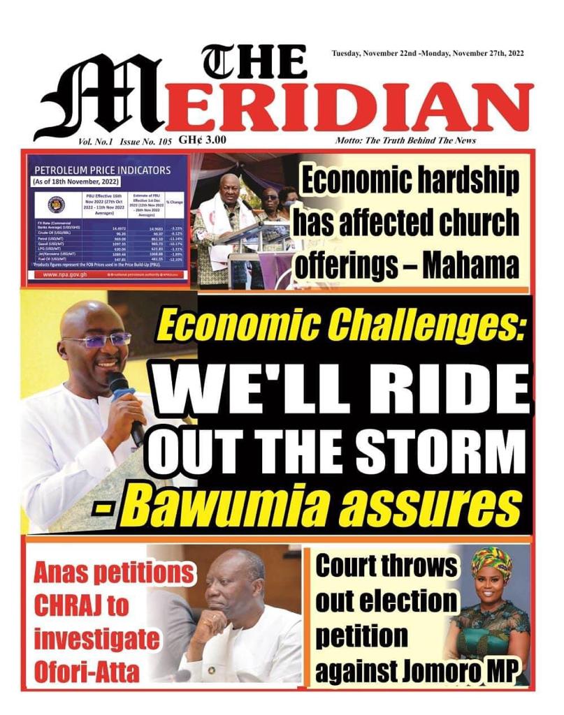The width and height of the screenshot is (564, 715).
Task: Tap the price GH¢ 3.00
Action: pyautogui.click(x=202, y=140)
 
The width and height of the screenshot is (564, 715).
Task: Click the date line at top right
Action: pyautogui.click(x=428, y=54)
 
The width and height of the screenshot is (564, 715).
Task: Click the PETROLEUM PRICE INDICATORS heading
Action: pyautogui.click(x=102, y=170)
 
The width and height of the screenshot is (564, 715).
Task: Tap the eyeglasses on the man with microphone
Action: pyautogui.click(x=105, y=340)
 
